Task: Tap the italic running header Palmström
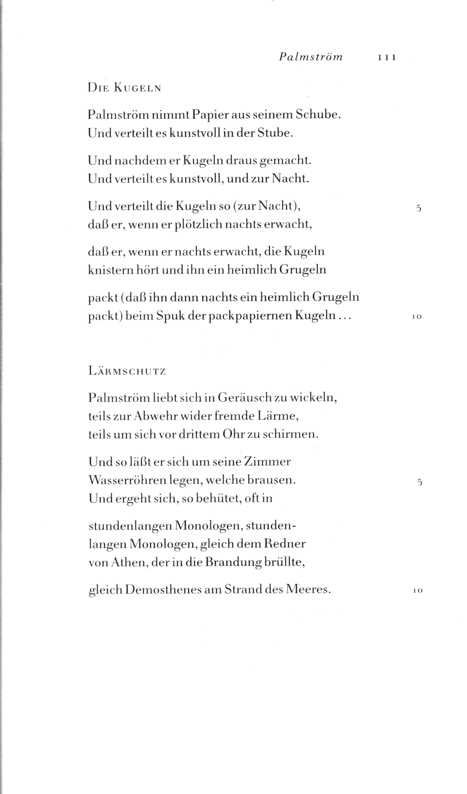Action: point(311,57)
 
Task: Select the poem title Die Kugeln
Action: point(124,88)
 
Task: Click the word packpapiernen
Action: point(252,316)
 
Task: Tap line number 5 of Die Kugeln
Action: point(418,208)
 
